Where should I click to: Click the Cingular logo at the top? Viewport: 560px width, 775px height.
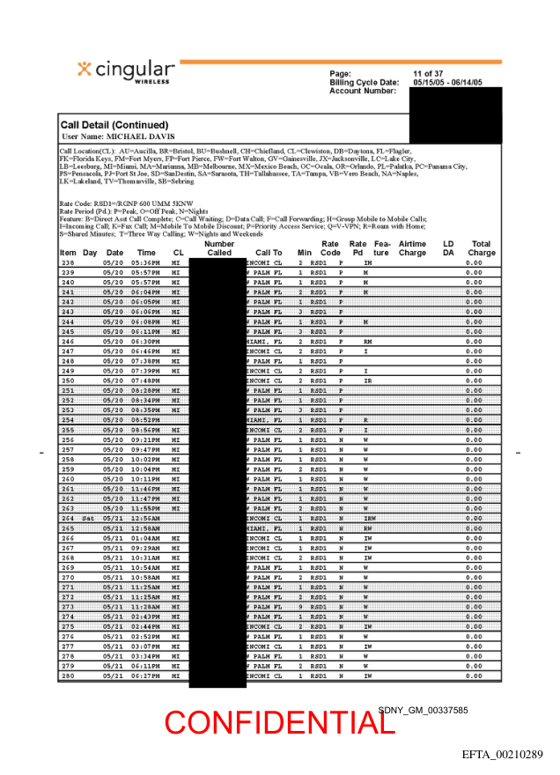(x=126, y=71)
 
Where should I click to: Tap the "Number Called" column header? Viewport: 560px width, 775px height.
(x=219, y=248)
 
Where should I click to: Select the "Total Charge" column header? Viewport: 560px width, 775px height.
(x=482, y=248)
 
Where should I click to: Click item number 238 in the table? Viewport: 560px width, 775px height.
(x=68, y=263)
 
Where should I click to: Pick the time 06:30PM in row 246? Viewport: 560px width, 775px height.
(x=144, y=341)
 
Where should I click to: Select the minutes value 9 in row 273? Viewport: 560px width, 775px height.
(x=300, y=607)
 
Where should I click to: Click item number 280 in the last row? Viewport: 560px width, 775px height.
(x=68, y=676)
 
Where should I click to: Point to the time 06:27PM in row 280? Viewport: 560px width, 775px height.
(x=144, y=676)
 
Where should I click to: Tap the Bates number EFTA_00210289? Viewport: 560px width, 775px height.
(x=503, y=755)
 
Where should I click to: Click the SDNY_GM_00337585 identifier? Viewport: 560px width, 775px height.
(x=424, y=709)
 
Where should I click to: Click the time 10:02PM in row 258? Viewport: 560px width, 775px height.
(x=144, y=460)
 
